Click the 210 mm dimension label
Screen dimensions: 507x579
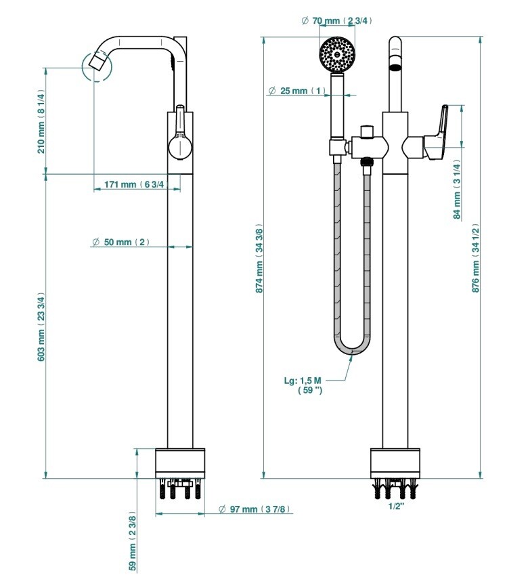click(x=41, y=121)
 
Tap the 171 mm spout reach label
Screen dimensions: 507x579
click(x=136, y=184)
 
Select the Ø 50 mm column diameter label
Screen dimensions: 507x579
click(x=120, y=242)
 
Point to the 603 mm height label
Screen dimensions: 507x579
click(x=41, y=328)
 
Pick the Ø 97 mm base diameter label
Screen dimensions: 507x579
click(x=255, y=509)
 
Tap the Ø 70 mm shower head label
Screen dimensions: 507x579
click(x=336, y=20)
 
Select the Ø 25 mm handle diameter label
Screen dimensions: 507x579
click(x=297, y=91)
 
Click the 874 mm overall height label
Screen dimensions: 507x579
click(x=259, y=258)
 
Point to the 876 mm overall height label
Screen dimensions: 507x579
click(x=476, y=258)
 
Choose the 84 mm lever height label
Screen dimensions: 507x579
click(x=457, y=189)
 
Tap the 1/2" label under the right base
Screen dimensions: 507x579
click(x=396, y=507)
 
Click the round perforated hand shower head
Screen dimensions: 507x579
click(x=336, y=54)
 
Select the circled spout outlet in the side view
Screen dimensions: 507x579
click(x=96, y=66)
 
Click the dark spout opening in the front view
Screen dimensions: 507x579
click(x=395, y=67)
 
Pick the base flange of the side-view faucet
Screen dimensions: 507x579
click(x=180, y=463)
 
